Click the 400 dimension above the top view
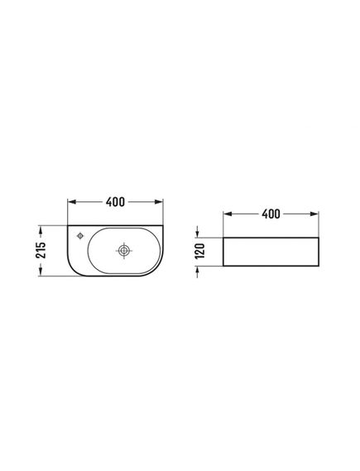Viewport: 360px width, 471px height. tap(115, 202)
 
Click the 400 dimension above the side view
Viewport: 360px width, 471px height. tap(271, 214)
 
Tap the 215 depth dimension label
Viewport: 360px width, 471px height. tap(41, 250)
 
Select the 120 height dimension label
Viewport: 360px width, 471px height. tap(199, 251)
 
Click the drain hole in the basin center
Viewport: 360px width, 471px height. tap(123, 250)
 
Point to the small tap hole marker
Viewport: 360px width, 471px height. tap(80, 236)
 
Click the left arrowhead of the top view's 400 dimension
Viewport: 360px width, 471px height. tap(72, 202)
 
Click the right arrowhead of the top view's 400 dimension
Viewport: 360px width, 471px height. tap(159, 202)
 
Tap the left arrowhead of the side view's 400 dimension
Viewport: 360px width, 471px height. tap(228, 214)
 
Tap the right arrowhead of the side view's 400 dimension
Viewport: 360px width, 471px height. tap(314, 214)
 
